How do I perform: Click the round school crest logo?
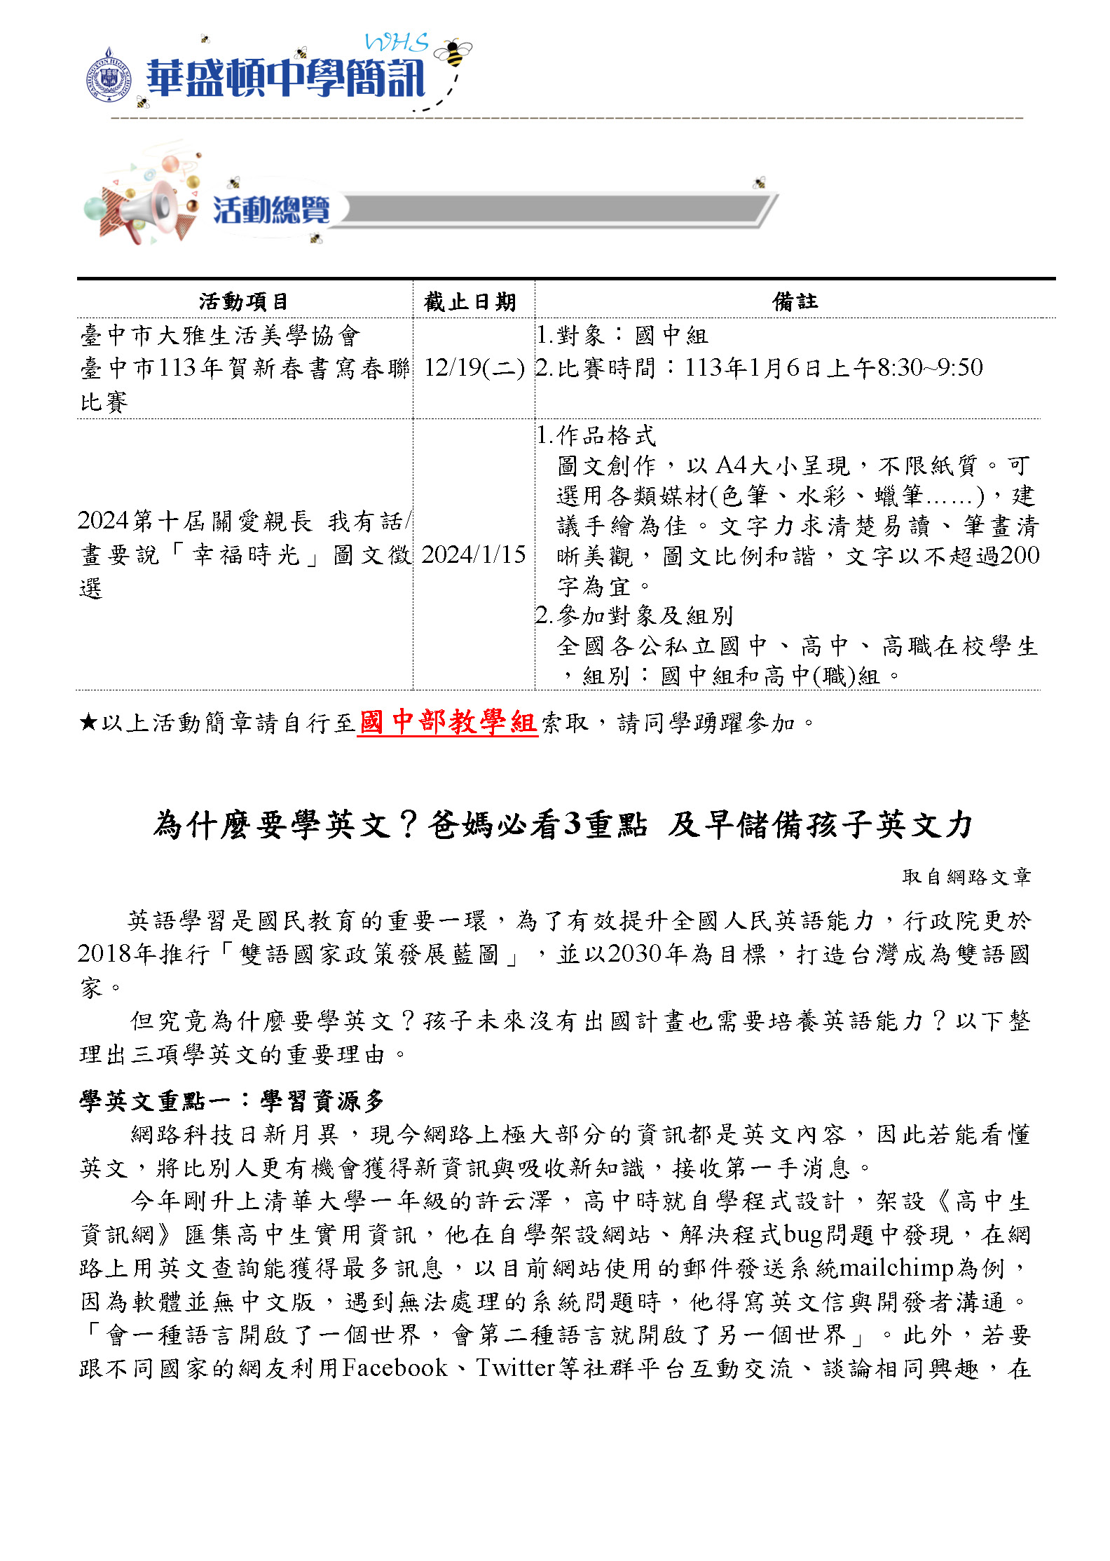point(109,76)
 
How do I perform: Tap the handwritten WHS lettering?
point(397,43)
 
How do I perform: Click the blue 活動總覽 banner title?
point(271,210)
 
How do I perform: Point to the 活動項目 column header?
point(243,301)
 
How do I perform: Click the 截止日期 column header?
point(470,301)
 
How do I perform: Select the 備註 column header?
point(795,301)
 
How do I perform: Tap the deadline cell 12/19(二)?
point(474,368)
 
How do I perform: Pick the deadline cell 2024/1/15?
point(474,554)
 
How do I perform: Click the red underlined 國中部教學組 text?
point(447,721)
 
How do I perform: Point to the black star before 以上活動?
point(88,721)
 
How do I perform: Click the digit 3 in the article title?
point(573,824)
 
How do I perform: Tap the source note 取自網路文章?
point(966,876)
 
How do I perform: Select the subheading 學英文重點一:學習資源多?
point(232,1100)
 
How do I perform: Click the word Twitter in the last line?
point(516,1368)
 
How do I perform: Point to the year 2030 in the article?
point(636,953)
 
